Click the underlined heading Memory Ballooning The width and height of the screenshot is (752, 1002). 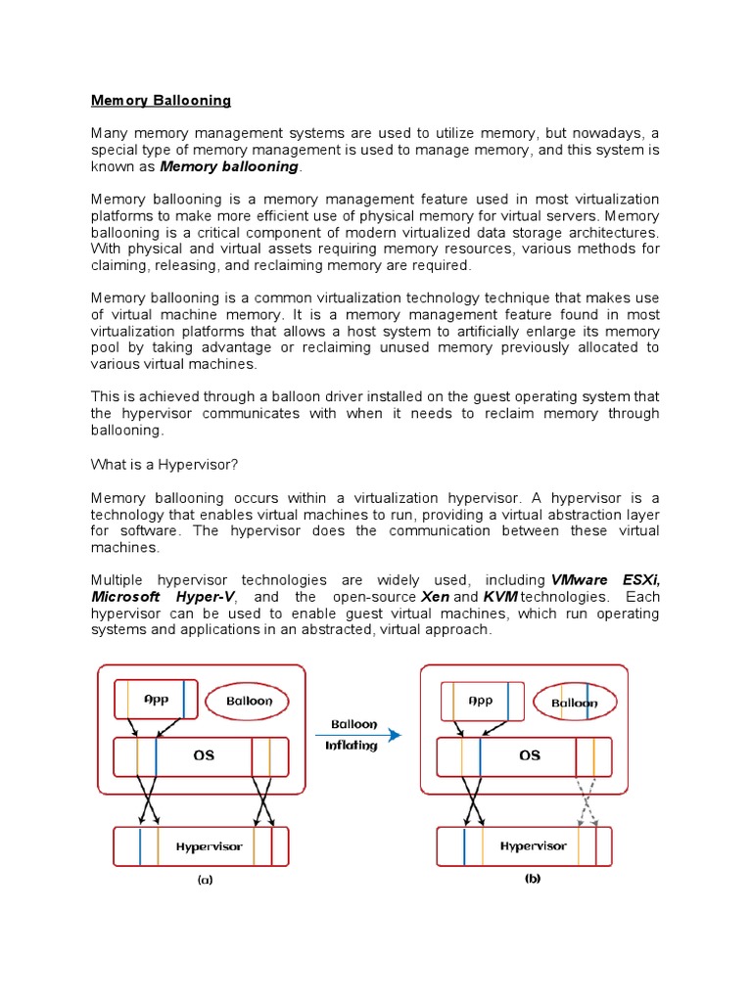(161, 100)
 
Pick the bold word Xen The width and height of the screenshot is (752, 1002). (434, 597)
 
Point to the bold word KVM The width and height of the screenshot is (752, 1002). (499, 597)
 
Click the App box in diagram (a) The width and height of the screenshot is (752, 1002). (156, 700)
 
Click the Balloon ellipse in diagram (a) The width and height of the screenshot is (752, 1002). (250, 701)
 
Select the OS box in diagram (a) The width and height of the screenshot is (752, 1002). (202, 755)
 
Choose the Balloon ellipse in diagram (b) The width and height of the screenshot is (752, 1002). (574, 702)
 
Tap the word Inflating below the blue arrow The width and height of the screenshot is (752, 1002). (352, 746)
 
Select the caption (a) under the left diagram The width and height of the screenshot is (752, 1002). (205, 880)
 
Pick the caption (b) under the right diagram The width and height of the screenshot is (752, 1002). (532, 879)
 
